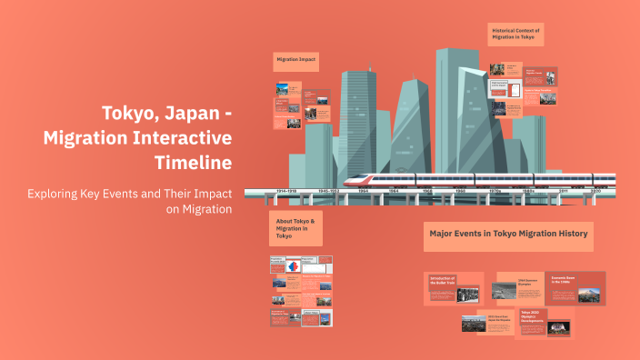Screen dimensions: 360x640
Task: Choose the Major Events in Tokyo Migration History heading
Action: click(508, 235)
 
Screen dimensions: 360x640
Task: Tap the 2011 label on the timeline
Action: click(564, 192)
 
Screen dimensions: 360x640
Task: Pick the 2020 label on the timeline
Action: click(595, 192)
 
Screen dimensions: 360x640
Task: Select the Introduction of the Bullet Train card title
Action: click(443, 280)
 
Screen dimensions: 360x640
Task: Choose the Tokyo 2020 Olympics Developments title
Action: click(532, 315)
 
